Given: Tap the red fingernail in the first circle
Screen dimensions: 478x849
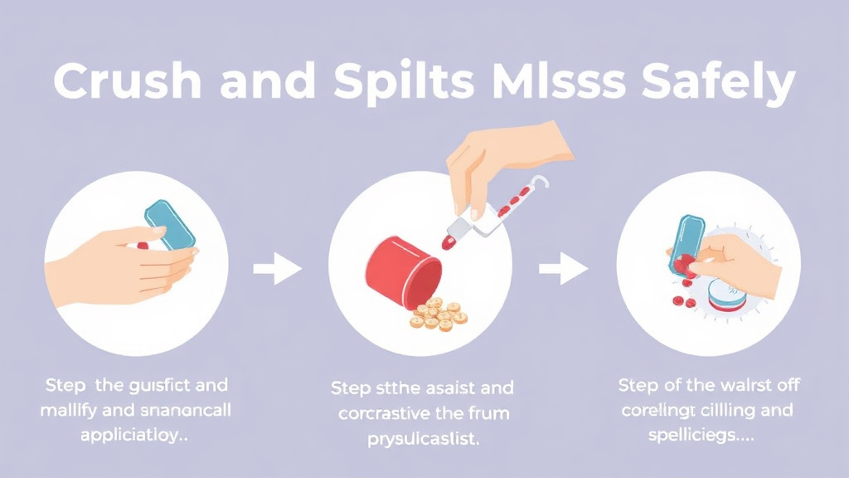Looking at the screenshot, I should [x=142, y=246].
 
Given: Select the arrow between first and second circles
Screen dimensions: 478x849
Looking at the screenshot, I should [x=277, y=269].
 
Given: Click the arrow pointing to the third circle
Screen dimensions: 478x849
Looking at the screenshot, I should [x=564, y=269].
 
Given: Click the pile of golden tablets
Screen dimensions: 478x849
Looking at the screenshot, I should [x=438, y=314].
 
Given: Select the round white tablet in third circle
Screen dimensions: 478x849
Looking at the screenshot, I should [x=725, y=295].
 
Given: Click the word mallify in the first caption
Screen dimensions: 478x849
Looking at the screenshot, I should [x=69, y=410].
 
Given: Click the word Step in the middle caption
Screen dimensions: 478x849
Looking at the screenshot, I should [x=352, y=388].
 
